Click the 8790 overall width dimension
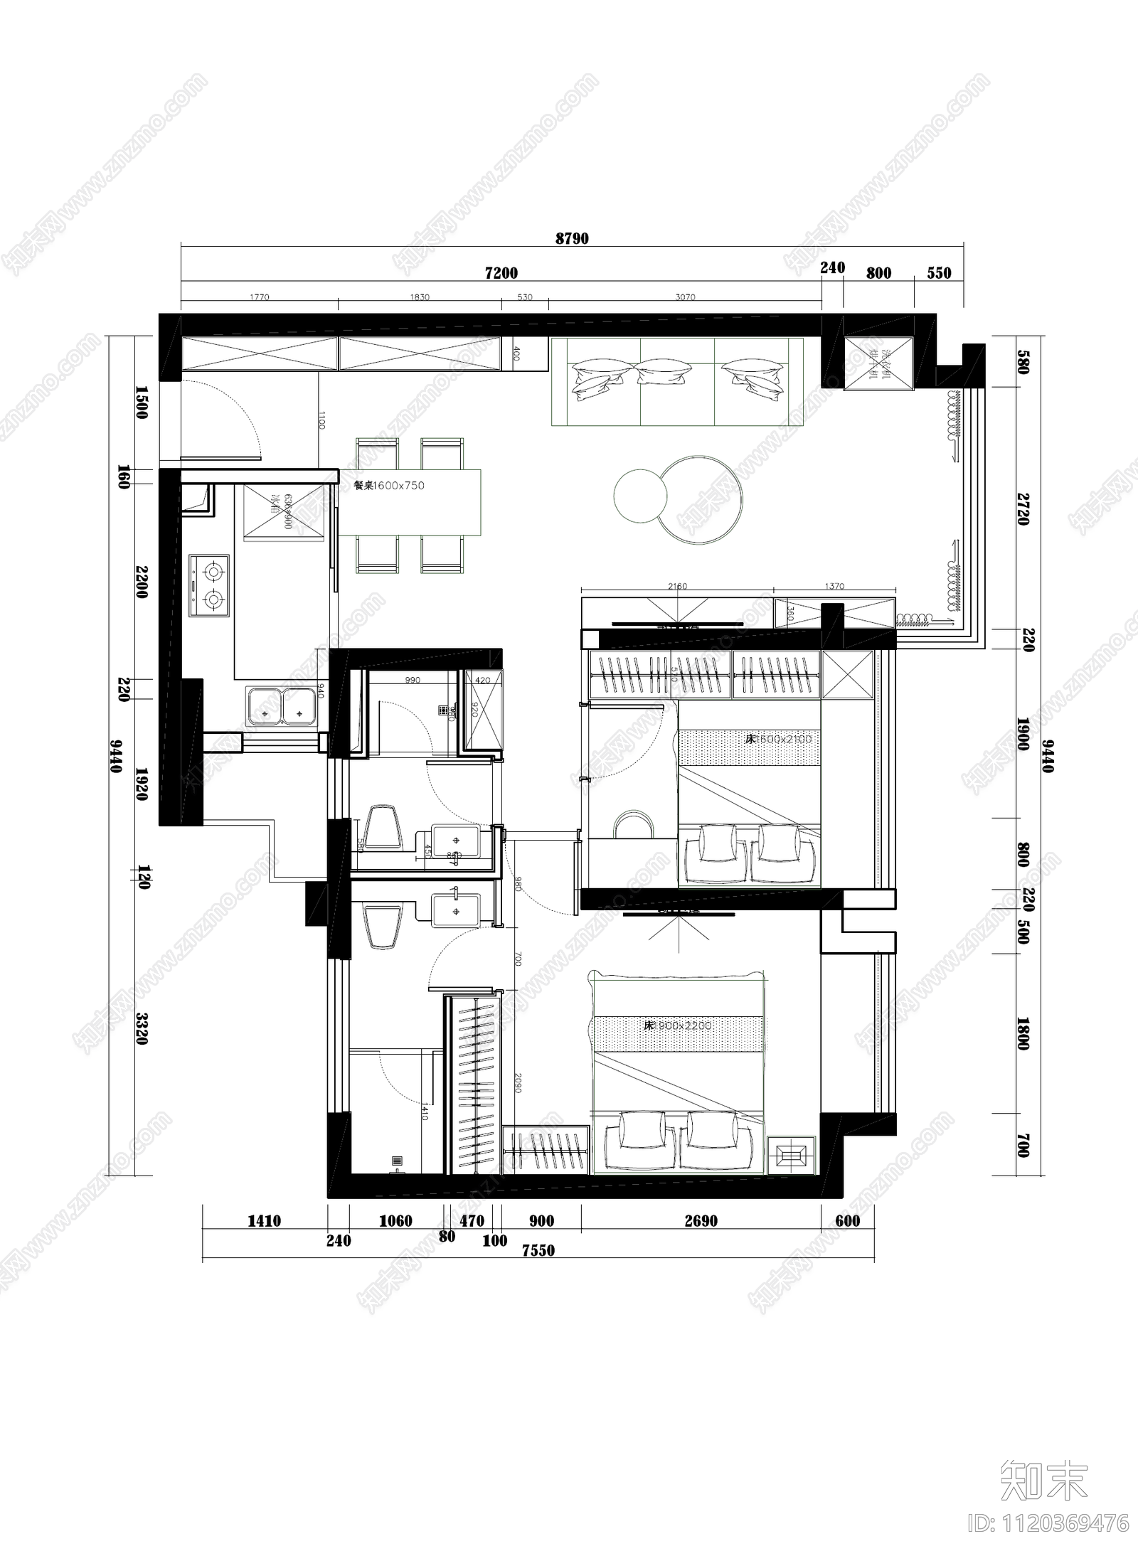(572, 239)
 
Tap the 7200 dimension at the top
(501, 273)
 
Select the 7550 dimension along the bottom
(538, 1270)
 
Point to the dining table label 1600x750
(389, 486)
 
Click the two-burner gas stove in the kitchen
(210, 585)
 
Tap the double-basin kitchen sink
(282, 707)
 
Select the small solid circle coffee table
(640, 496)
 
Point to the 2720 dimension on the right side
(1023, 508)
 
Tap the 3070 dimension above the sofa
(684, 297)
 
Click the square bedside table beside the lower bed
(791, 1156)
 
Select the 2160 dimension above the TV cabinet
(677, 587)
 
